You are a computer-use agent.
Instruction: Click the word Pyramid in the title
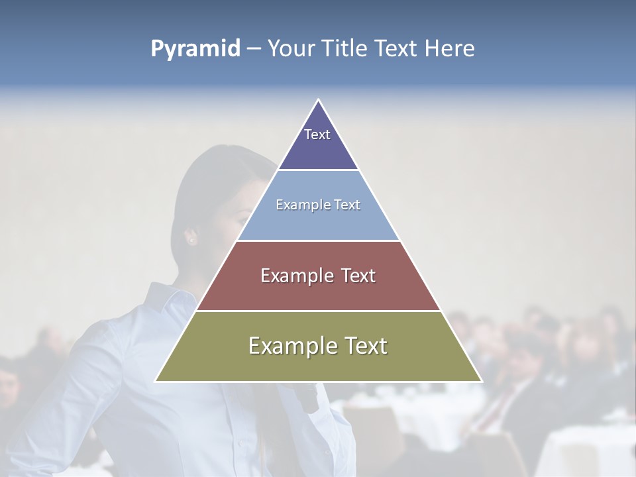coord(195,49)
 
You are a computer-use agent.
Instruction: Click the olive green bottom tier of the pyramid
coord(318,364)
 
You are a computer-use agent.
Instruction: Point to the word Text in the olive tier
coord(364,346)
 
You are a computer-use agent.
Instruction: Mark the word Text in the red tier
coord(358,276)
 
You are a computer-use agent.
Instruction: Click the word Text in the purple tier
coord(317,134)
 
